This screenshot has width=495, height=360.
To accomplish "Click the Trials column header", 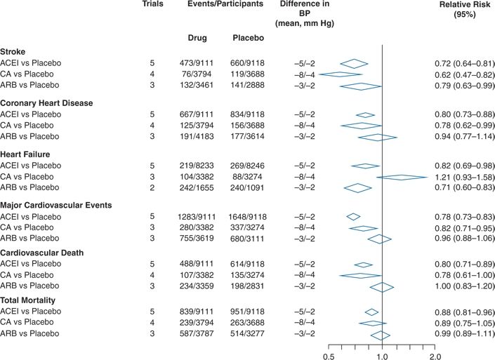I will tap(152, 4).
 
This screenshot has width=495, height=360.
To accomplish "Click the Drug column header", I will tap(198, 37).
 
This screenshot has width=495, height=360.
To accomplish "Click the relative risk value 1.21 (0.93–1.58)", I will tap(454, 177).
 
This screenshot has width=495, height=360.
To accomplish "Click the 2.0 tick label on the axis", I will tap(435, 356).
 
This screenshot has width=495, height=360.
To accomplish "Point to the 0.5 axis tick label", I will tap(328, 356).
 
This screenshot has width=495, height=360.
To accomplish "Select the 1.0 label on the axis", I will tap(381, 356).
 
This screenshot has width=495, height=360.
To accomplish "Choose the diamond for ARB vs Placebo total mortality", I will tap(381, 335).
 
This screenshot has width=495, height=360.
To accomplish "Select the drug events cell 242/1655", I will tap(198, 188).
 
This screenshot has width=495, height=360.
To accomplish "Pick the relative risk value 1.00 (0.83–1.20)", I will tap(454, 286).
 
